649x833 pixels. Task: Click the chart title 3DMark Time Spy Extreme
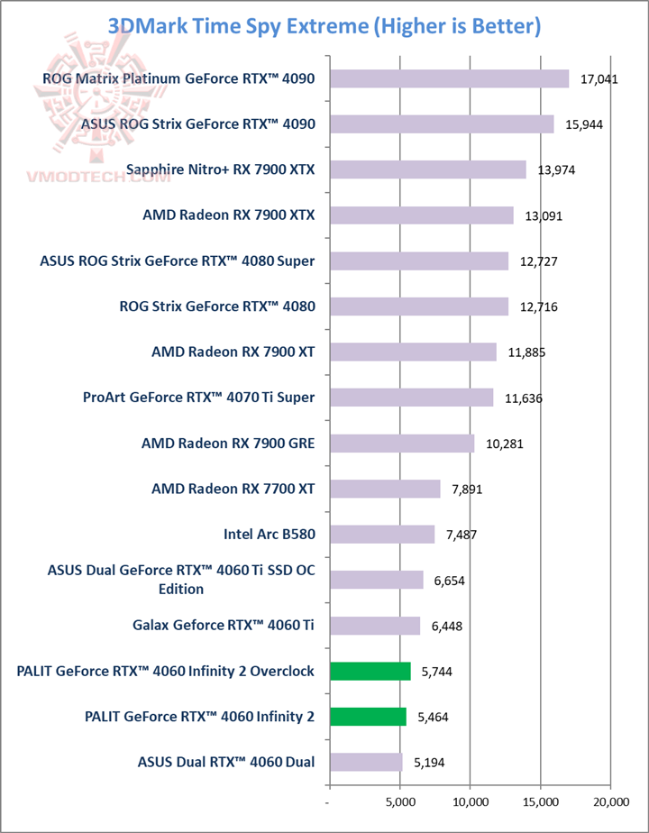point(324,25)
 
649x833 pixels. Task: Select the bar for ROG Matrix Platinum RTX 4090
point(449,78)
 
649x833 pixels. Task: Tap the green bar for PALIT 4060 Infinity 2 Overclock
point(370,671)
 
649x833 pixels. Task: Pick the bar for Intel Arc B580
point(382,534)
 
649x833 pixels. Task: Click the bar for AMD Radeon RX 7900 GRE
point(402,443)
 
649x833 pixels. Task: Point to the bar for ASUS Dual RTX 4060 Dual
point(366,762)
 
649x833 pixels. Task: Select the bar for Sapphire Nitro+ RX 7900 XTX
point(427,169)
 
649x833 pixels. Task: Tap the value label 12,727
point(539,261)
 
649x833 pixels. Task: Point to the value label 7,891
point(463,490)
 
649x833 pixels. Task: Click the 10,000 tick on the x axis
point(471,801)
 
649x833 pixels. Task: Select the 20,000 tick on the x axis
point(611,801)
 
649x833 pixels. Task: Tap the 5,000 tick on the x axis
point(400,801)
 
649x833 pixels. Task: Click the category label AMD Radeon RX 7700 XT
point(227,489)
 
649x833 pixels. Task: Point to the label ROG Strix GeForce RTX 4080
point(217,307)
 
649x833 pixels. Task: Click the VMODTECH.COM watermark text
point(113,178)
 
